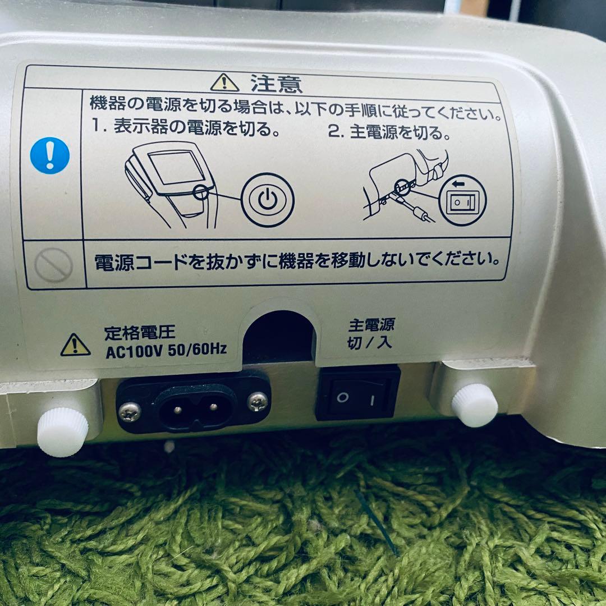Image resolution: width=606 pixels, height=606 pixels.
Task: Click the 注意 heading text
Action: click(x=276, y=84)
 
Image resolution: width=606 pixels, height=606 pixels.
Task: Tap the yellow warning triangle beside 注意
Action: click(x=224, y=83)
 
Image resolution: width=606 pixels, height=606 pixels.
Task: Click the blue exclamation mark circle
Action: click(x=50, y=155)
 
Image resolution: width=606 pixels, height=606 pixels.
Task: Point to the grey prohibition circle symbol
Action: click(x=53, y=264)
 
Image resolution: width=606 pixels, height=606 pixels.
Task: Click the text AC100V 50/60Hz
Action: click(x=166, y=350)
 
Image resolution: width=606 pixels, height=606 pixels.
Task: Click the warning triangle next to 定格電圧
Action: click(x=75, y=346)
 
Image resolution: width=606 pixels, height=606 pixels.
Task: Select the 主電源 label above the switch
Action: click(x=371, y=324)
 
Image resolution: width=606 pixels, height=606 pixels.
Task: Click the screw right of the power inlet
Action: click(x=257, y=401)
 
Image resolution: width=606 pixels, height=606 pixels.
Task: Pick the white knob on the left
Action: click(x=62, y=431)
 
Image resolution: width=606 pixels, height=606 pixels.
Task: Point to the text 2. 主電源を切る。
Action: click(x=389, y=134)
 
